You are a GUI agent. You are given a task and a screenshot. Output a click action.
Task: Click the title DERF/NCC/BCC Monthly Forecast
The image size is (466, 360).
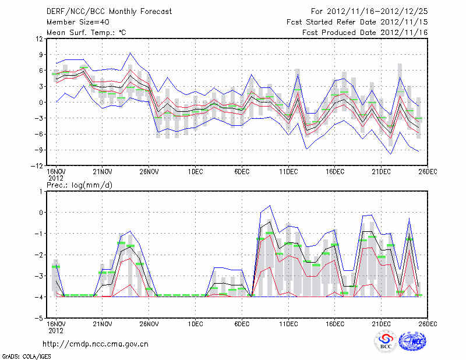click(109, 12)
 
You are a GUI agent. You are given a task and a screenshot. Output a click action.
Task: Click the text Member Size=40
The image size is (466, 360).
click(77, 22)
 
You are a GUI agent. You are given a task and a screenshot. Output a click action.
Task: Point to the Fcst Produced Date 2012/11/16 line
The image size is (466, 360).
click(366, 33)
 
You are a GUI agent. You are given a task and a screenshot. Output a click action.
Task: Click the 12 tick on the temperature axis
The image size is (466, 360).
click(39, 39)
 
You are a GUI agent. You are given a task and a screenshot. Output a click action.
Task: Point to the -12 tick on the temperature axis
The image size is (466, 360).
click(37, 165)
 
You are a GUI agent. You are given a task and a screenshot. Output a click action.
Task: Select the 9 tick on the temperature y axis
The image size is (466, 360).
click(41, 55)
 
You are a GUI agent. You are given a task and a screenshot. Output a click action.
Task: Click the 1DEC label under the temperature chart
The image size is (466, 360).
click(195, 172)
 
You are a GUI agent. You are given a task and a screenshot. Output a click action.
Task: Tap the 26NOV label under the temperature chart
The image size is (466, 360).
click(149, 172)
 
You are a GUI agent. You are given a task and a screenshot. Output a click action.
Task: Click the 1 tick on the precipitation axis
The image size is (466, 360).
click(41, 191)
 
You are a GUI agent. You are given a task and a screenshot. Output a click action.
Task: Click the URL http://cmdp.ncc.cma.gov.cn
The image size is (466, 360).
click(96, 344)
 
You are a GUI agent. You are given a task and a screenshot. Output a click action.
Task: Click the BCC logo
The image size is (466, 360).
click(386, 341)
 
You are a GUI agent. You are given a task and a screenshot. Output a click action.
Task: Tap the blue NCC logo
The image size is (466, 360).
click(412, 341)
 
